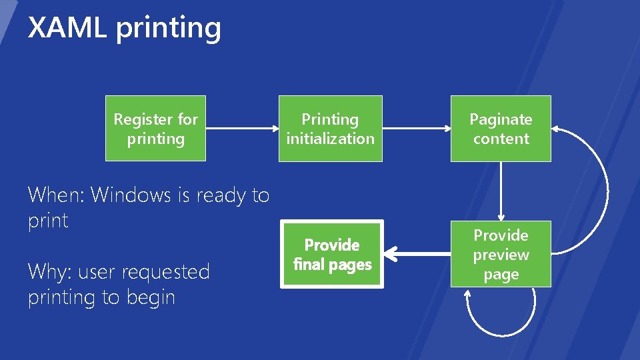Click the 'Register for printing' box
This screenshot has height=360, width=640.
point(155,129)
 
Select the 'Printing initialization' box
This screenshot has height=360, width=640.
point(330,129)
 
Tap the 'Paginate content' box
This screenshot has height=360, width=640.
point(501,129)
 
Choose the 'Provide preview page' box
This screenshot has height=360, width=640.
point(501,254)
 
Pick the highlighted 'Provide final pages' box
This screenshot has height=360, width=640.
point(331,254)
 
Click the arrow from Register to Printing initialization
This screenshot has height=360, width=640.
point(241,129)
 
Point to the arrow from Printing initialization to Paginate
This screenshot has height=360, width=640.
point(417,129)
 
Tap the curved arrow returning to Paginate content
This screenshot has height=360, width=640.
point(603,190)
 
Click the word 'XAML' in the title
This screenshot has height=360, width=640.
point(67,28)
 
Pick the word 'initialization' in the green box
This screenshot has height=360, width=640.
point(330,139)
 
